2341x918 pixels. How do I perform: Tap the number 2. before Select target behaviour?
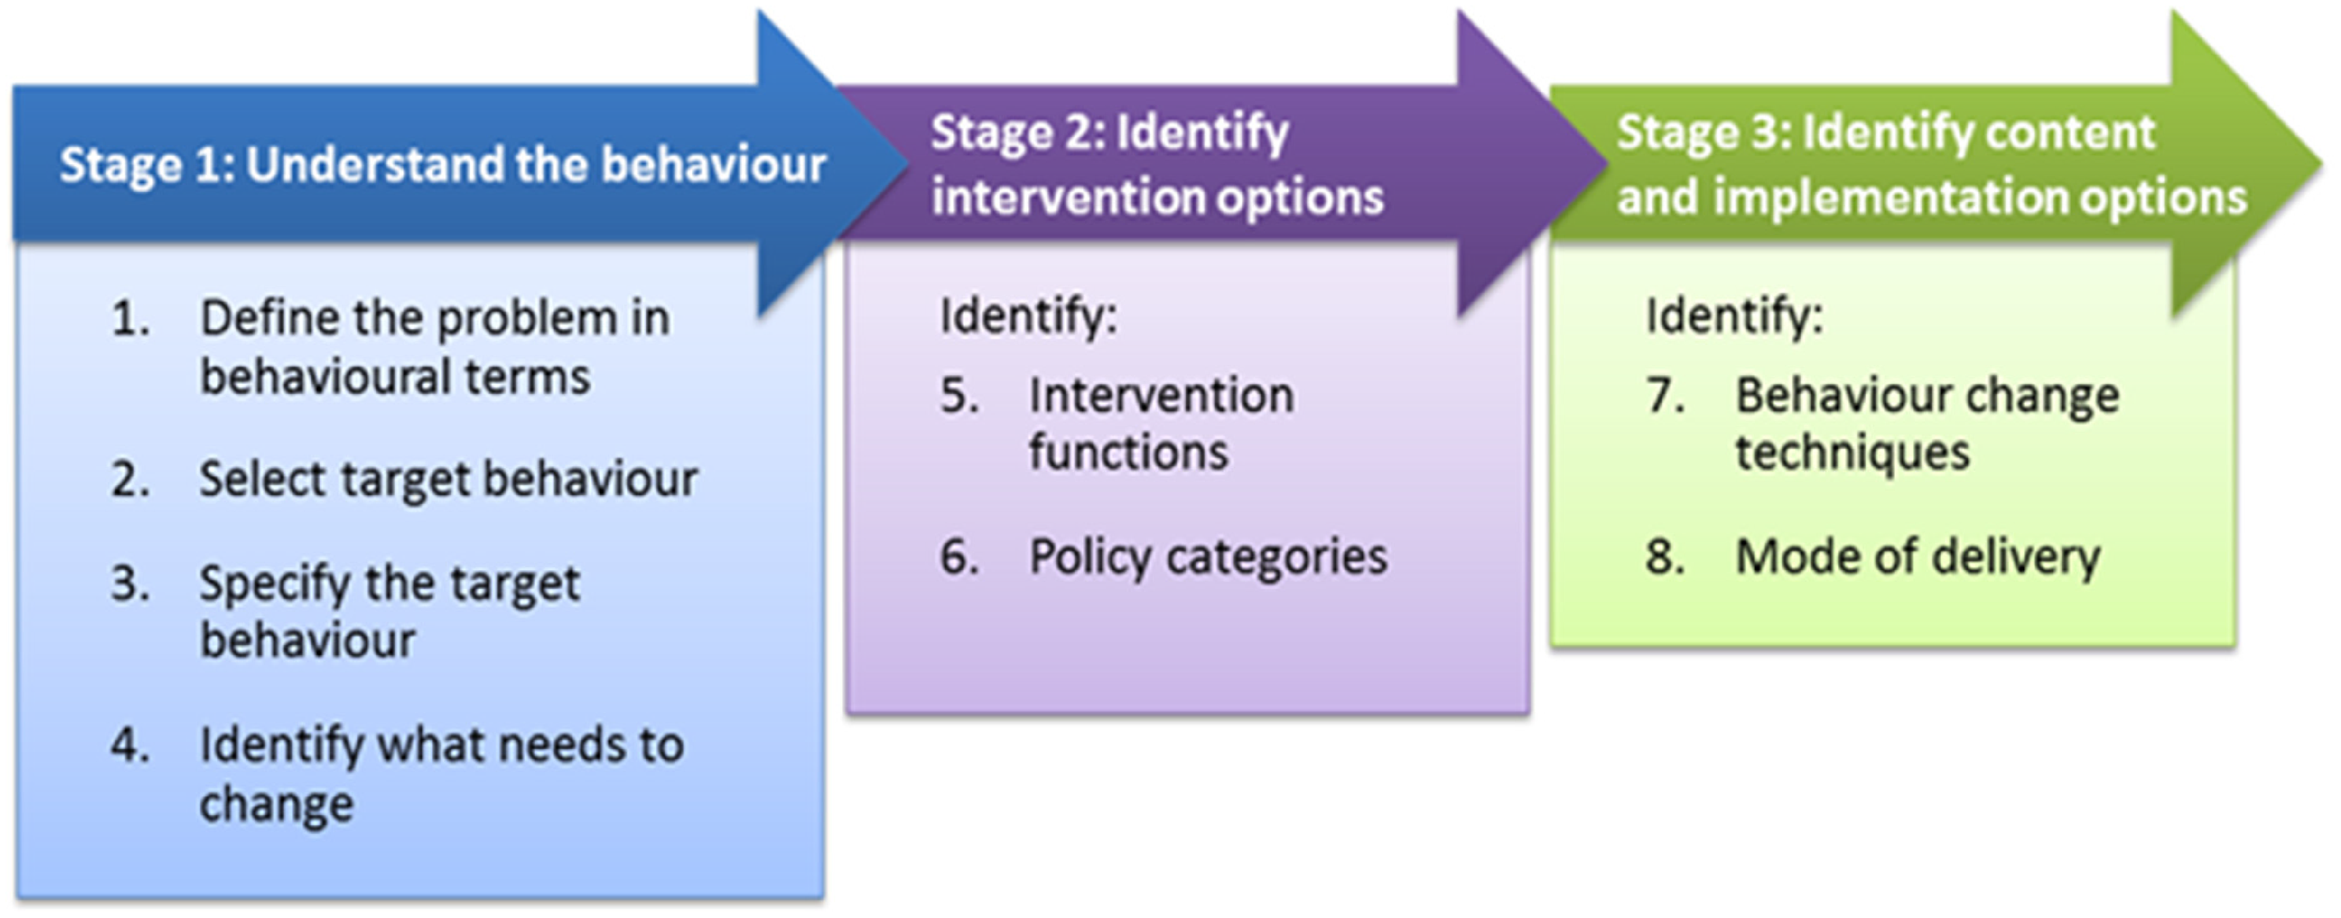tap(131, 479)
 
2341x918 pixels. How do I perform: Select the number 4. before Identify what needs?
tap(131, 745)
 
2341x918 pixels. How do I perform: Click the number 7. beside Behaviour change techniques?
tap(1666, 396)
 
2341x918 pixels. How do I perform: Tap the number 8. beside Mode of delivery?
tap(1666, 556)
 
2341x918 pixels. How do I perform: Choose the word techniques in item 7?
tap(1852, 452)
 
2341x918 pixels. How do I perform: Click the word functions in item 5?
tap(1128, 452)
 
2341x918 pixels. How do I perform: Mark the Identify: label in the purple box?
tap(1028, 317)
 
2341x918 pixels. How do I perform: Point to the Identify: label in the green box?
tap(1734, 317)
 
